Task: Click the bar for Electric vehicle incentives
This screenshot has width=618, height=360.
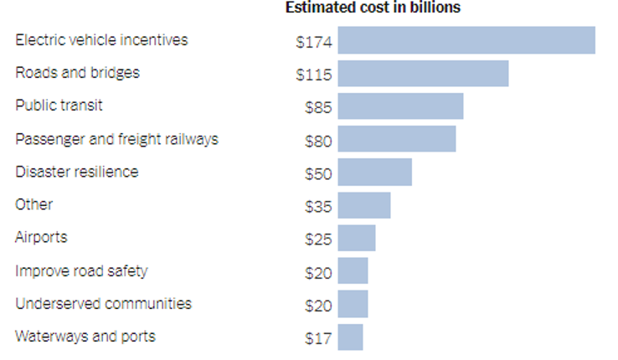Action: pos(466,40)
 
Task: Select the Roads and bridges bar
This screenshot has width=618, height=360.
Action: pos(423,74)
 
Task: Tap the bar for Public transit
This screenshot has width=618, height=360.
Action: pos(400,106)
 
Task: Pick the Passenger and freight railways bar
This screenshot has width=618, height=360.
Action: pos(396,139)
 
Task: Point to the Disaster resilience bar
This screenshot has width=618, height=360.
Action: pos(374,172)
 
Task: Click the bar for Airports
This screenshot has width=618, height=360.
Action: pos(356,238)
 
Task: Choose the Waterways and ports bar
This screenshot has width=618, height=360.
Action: pos(350,337)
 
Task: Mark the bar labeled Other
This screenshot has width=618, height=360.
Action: pos(363,205)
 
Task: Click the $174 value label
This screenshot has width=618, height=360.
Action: pos(314,42)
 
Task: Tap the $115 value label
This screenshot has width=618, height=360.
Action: pos(314,75)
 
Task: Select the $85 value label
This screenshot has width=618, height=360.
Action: pos(318,108)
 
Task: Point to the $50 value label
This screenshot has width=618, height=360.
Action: pos(318,174)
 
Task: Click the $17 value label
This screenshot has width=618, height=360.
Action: pos(318,339)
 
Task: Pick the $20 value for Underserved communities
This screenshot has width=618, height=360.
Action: pos(318,306)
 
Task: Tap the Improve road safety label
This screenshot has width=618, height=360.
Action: pos(81,271)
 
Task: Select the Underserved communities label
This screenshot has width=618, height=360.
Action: pos(103,303)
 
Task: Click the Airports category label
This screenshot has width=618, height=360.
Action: pos(40,238)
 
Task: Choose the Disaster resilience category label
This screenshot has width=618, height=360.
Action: pos(76,172)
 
